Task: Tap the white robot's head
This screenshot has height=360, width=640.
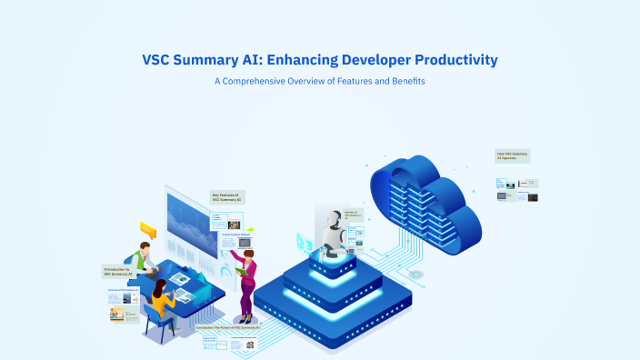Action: pos(333,219)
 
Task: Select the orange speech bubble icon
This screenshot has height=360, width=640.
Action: pos(147,227)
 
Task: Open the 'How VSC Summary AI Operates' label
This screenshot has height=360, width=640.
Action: pos(512,155)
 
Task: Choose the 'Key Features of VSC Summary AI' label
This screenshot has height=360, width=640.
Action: pos(227,196)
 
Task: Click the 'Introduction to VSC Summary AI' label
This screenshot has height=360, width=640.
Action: pos(118,271)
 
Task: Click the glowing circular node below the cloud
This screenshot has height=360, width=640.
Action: pos(415,275)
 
